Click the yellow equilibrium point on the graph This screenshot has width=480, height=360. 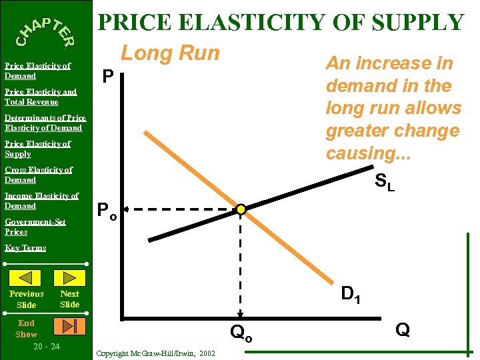coord(241,209)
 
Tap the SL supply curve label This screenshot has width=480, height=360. coord(385,181)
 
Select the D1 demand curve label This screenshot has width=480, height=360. coord(351,293)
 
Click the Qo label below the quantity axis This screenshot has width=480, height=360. coord(241,332)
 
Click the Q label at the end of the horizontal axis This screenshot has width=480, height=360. coord(402,329)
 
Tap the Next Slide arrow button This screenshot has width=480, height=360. coord(69,278)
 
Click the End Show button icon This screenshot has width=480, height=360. coord(70,326)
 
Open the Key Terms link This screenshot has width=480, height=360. coord(25,248)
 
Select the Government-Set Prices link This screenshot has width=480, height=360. coord(35,227)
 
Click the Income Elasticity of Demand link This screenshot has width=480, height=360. coord(41,201)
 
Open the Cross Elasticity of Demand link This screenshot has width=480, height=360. coord(38,175)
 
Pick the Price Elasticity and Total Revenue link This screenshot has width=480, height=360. coord(40,97)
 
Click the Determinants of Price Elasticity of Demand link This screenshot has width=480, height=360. coord(45,123)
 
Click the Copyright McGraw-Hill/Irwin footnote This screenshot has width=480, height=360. coord(155,353)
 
